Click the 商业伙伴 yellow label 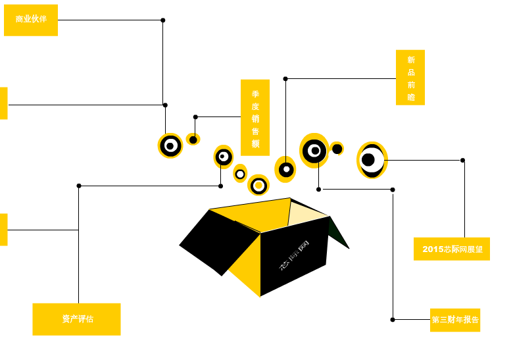pyautogui.click(x=31, y=20)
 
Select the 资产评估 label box pyautogui.click(x=76, y=319)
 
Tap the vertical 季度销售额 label pyautogui.click(x=255, y=118)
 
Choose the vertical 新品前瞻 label pyautogui.click(x=410, y=78)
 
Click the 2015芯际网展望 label pyautogui.click(x=452, y=249)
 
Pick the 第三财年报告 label pyautogui.click(x=455, y=320)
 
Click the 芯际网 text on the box pyautogui.click(x=294, y=256)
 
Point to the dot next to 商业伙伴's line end pyautogui.click(x=163, y=20)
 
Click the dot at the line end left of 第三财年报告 pyautogui.click(x=393, y=320)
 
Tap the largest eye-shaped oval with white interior pyautogui.click(x=372, y=160)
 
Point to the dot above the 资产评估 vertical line pyautogui.click(x=79, y=186)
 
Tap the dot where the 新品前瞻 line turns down pyautogui.click(x=285, y=79)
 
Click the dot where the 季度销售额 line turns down pyautogui.click(x=195, y=117)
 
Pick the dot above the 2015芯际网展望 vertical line pyautogui.click(x=462, y=160)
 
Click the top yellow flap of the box pyautogui.click(x=250, y=212)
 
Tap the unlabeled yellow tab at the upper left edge pyautogui.click(x=3, y=103)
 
